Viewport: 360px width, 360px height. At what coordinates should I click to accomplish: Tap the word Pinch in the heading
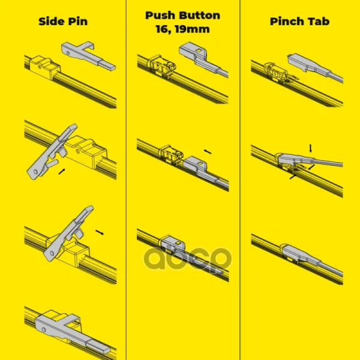pyautogui.click(x=284, y=22)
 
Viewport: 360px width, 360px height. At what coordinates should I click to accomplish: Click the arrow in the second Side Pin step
pyautogui.click(x=62, y=172)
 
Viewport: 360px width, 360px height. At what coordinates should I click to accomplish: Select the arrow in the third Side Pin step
pyautogui.click(x=100, y=232)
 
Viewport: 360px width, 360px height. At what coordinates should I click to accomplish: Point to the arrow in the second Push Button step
pyautogui.click(x=208, y=152)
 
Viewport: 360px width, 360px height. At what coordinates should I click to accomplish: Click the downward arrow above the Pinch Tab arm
pyautogui.click(x=311, y=148)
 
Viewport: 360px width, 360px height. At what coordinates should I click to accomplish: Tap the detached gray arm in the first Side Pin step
pyautogui.click(x=88, y=55)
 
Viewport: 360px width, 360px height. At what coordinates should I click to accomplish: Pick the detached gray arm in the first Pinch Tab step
pyautogui.click(x=315, y=67)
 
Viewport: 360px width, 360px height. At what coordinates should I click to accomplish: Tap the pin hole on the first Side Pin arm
pyautogui.click(x=68, y=53)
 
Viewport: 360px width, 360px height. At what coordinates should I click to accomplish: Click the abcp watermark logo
pyautogui.click(x=188, y=259)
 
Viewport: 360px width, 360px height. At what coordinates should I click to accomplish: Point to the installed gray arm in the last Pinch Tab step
pyautogui.click(x=311, y=259)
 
